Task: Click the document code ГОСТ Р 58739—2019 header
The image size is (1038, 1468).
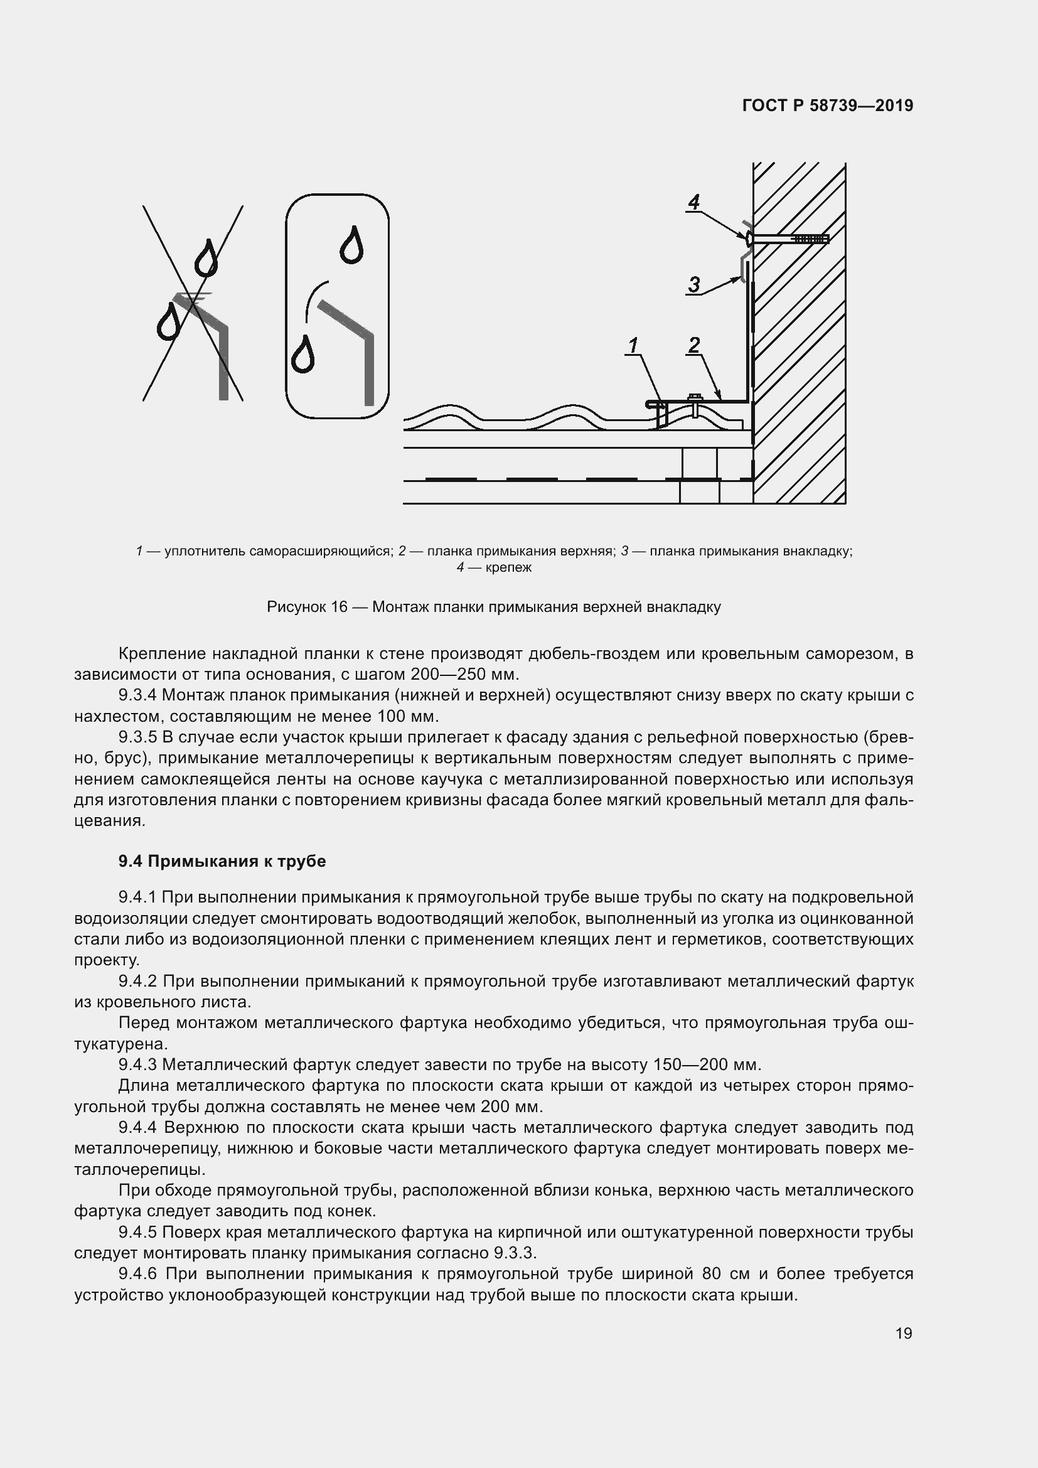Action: point(828,105)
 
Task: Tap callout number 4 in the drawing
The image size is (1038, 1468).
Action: point(693,202)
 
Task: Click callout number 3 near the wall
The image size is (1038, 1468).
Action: point(693,284)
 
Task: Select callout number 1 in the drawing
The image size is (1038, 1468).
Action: point(633,346)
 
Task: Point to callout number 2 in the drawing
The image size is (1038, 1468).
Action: point(693,345)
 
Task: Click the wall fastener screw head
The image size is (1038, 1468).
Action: point(748,238)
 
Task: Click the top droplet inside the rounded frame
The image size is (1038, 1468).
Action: point(351,245)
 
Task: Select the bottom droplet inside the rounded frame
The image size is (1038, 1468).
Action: point(302,354)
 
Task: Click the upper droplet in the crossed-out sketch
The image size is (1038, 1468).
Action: point(206,258)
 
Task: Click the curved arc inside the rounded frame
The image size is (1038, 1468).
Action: point(314,299)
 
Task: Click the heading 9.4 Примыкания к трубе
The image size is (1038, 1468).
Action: point(222,861)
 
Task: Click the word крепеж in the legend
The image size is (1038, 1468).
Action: point(508,567)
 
